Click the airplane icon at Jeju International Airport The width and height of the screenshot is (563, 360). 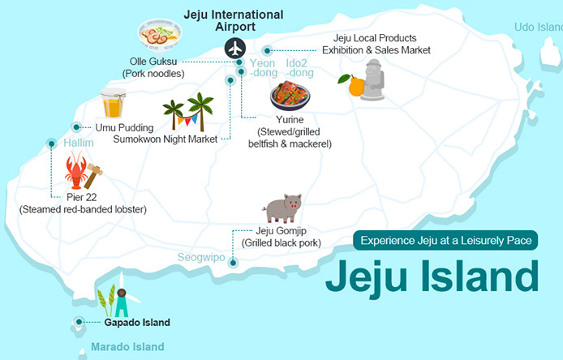[236, 48]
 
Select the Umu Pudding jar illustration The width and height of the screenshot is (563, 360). [114, 104]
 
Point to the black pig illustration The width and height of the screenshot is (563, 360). [283, 208]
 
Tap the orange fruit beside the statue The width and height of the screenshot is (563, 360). [355, 85]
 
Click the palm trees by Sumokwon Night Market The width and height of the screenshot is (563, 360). [188, 112]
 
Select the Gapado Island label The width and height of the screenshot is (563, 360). [136, 322]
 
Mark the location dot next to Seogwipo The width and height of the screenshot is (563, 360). [233, 262]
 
